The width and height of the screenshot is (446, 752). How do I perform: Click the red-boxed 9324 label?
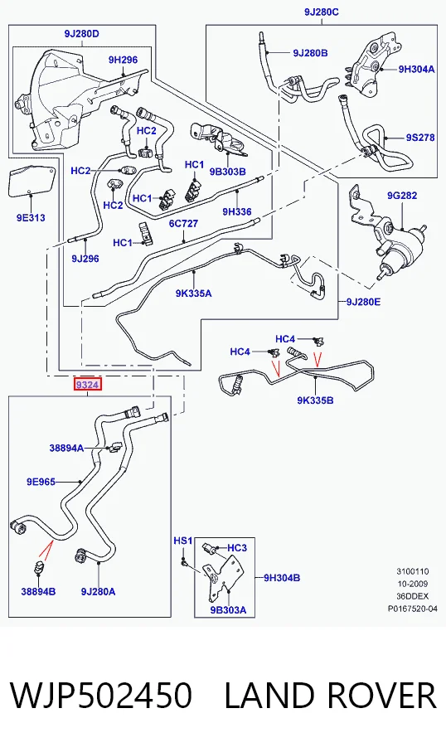(87, 385)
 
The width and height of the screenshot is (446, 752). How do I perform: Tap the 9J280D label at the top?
(81, 33)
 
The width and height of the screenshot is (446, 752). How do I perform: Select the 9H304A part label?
(416, 69)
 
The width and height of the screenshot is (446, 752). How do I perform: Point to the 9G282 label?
(402, 195)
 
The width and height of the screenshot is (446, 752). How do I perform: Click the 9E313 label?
(31, 218)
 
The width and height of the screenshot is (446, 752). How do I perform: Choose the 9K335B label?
(315, 400)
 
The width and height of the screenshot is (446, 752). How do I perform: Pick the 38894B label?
(38, 591)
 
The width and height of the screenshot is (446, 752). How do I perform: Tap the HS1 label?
(182, 541)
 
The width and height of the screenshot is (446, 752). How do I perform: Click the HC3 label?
(237, 548)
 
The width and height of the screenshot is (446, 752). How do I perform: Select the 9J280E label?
(363, 302)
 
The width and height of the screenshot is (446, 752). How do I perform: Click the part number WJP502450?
(100, 696)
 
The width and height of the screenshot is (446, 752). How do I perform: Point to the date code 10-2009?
(413, 584)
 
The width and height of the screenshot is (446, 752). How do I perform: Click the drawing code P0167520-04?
(413, 609)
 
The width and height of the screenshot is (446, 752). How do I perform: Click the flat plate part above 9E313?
(32, 182)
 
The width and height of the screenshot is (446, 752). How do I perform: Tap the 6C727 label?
(183, 224)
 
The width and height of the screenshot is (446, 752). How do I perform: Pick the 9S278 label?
(420, 137)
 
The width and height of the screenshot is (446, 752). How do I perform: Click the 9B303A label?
(228, 610)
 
